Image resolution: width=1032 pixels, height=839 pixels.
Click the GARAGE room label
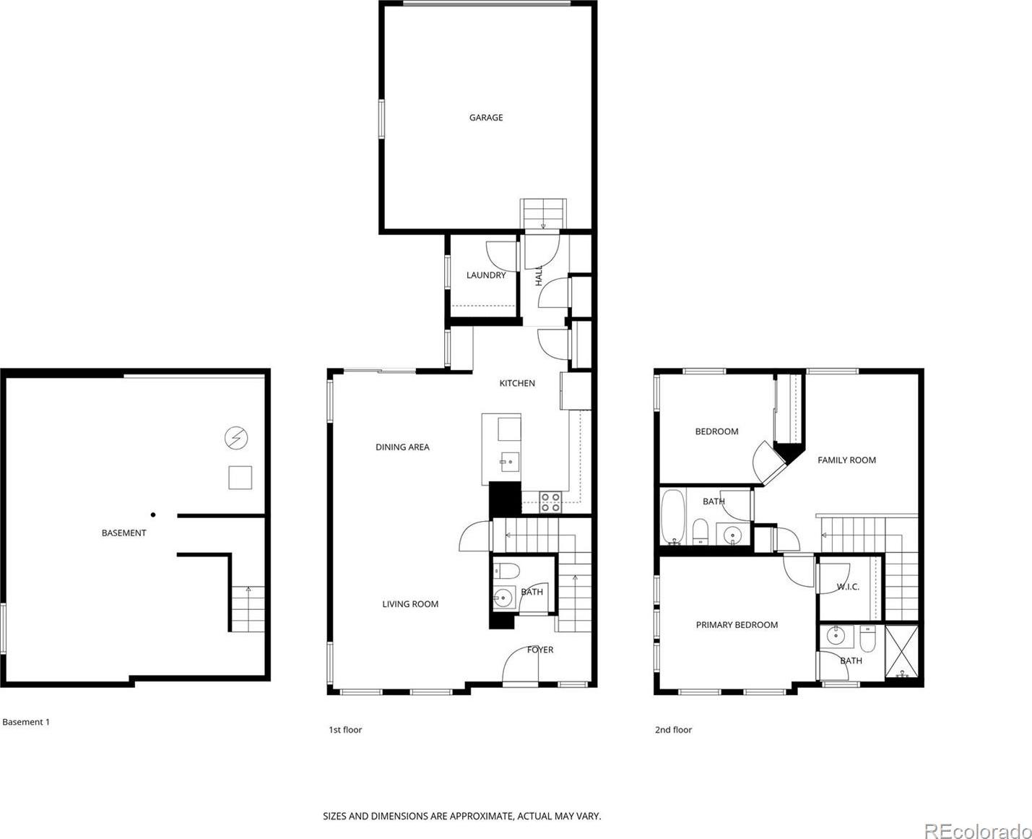coord(486,117)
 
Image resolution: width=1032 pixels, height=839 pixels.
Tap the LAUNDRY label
coord(486,275)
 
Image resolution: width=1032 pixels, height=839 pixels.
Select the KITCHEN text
coord(517,383)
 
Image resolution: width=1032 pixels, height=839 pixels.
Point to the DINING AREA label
coord(402,447)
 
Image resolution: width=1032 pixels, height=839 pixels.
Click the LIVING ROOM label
coord(410,604)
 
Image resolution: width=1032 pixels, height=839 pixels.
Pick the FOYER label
coord(539,650)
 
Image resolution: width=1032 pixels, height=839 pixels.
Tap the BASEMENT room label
coord(123,533)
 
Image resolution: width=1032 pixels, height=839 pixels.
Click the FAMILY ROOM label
coord(846,460)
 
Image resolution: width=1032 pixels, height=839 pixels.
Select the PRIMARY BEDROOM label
coord(737,625)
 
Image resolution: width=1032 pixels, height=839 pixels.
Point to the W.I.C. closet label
coord(848,587)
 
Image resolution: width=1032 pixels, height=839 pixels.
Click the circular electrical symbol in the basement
coord(236,438)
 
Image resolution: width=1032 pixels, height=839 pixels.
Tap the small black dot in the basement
coord(153,515)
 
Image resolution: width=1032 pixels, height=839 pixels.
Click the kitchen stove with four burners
coord(550,502)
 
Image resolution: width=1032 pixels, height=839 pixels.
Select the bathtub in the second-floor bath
coord(672,517)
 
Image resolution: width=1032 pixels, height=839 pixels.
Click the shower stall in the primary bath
coord(902,651)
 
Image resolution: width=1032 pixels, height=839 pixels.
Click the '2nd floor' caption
coord(673,729)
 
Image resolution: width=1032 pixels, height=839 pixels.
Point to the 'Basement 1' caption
coord(26,722)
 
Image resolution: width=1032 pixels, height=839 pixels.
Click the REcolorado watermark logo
coord(978,831)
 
